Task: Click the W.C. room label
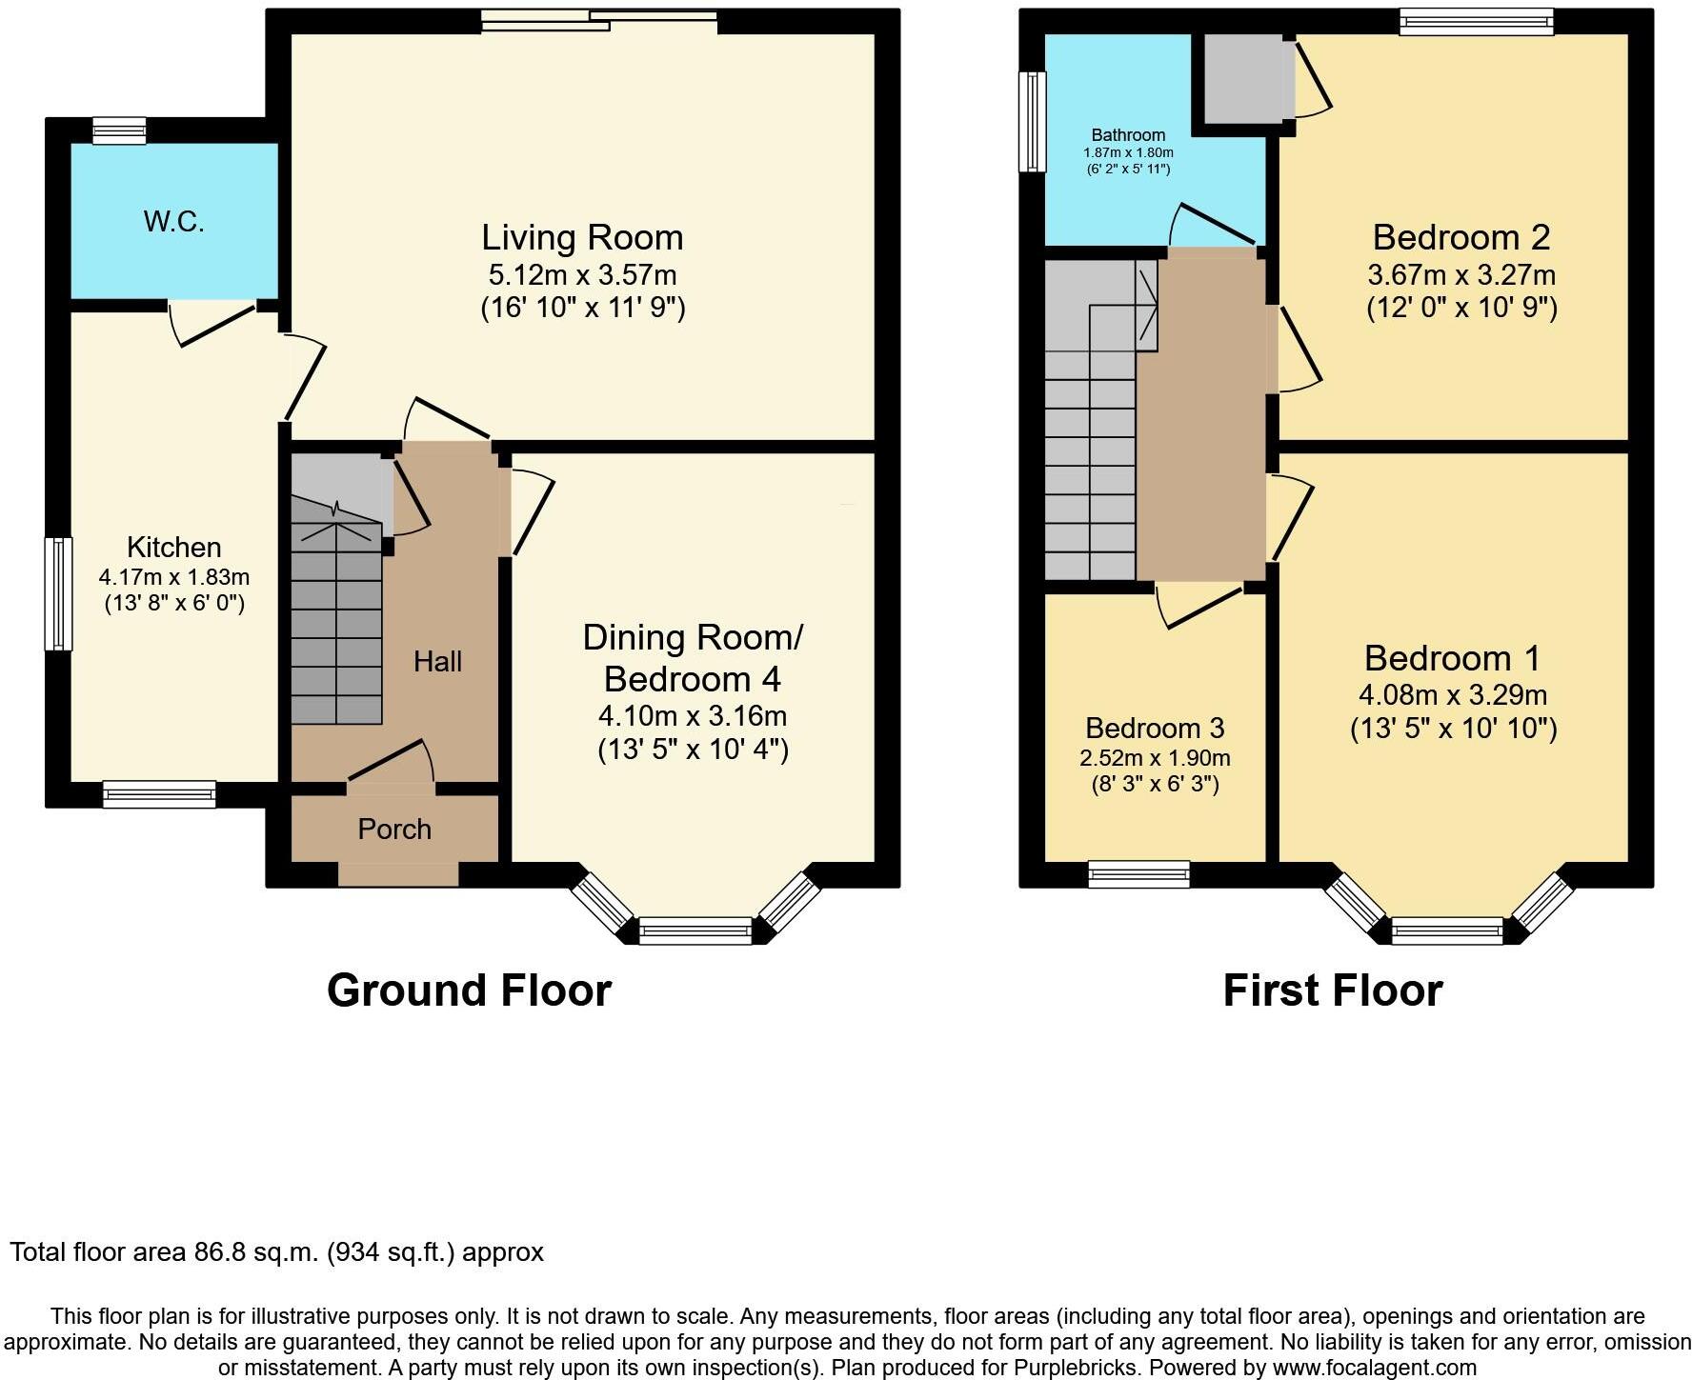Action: pos(174,222)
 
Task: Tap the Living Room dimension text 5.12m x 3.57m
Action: pos(582,275)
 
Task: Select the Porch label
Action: pos(394,830)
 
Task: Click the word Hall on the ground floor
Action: pos(437,661)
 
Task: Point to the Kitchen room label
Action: pos(174,547)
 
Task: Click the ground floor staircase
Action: pos(335,629)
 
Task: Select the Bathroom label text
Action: pos(1128,135)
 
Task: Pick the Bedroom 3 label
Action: pos(1155,729)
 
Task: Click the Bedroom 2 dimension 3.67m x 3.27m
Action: pos(1460,275)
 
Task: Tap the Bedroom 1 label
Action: pos(1452,658)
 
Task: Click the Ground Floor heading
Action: pos(469,990)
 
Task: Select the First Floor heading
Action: pos(1332,990)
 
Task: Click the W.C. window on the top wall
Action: pos(119,130)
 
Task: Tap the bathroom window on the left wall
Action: pos(1032,122)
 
